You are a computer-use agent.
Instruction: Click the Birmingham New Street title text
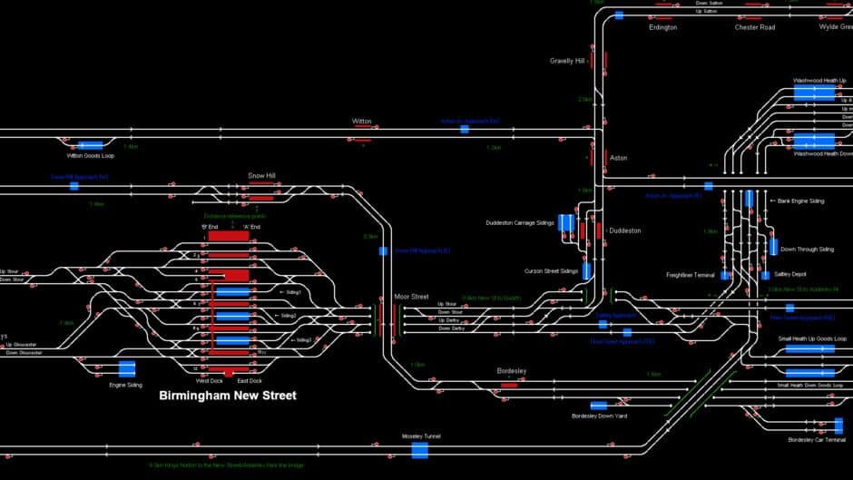228,396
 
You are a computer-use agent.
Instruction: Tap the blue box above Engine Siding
127,369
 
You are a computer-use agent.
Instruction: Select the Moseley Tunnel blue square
420,450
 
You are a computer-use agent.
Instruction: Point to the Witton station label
362,121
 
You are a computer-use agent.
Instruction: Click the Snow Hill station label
261,175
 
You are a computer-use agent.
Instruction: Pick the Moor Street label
411,297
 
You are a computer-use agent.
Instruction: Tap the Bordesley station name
511,371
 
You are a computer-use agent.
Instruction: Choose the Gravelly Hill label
567,62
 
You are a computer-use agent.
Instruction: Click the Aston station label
618,158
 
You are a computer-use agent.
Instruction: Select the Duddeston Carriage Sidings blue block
566,223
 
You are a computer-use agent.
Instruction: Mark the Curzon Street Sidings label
551,270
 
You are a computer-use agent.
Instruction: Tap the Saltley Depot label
789,274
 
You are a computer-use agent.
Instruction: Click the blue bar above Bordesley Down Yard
599,406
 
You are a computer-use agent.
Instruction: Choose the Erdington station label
662,27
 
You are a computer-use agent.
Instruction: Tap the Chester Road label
754,27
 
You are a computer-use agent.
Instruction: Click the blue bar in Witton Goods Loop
90,145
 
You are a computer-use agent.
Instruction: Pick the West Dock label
210,380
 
